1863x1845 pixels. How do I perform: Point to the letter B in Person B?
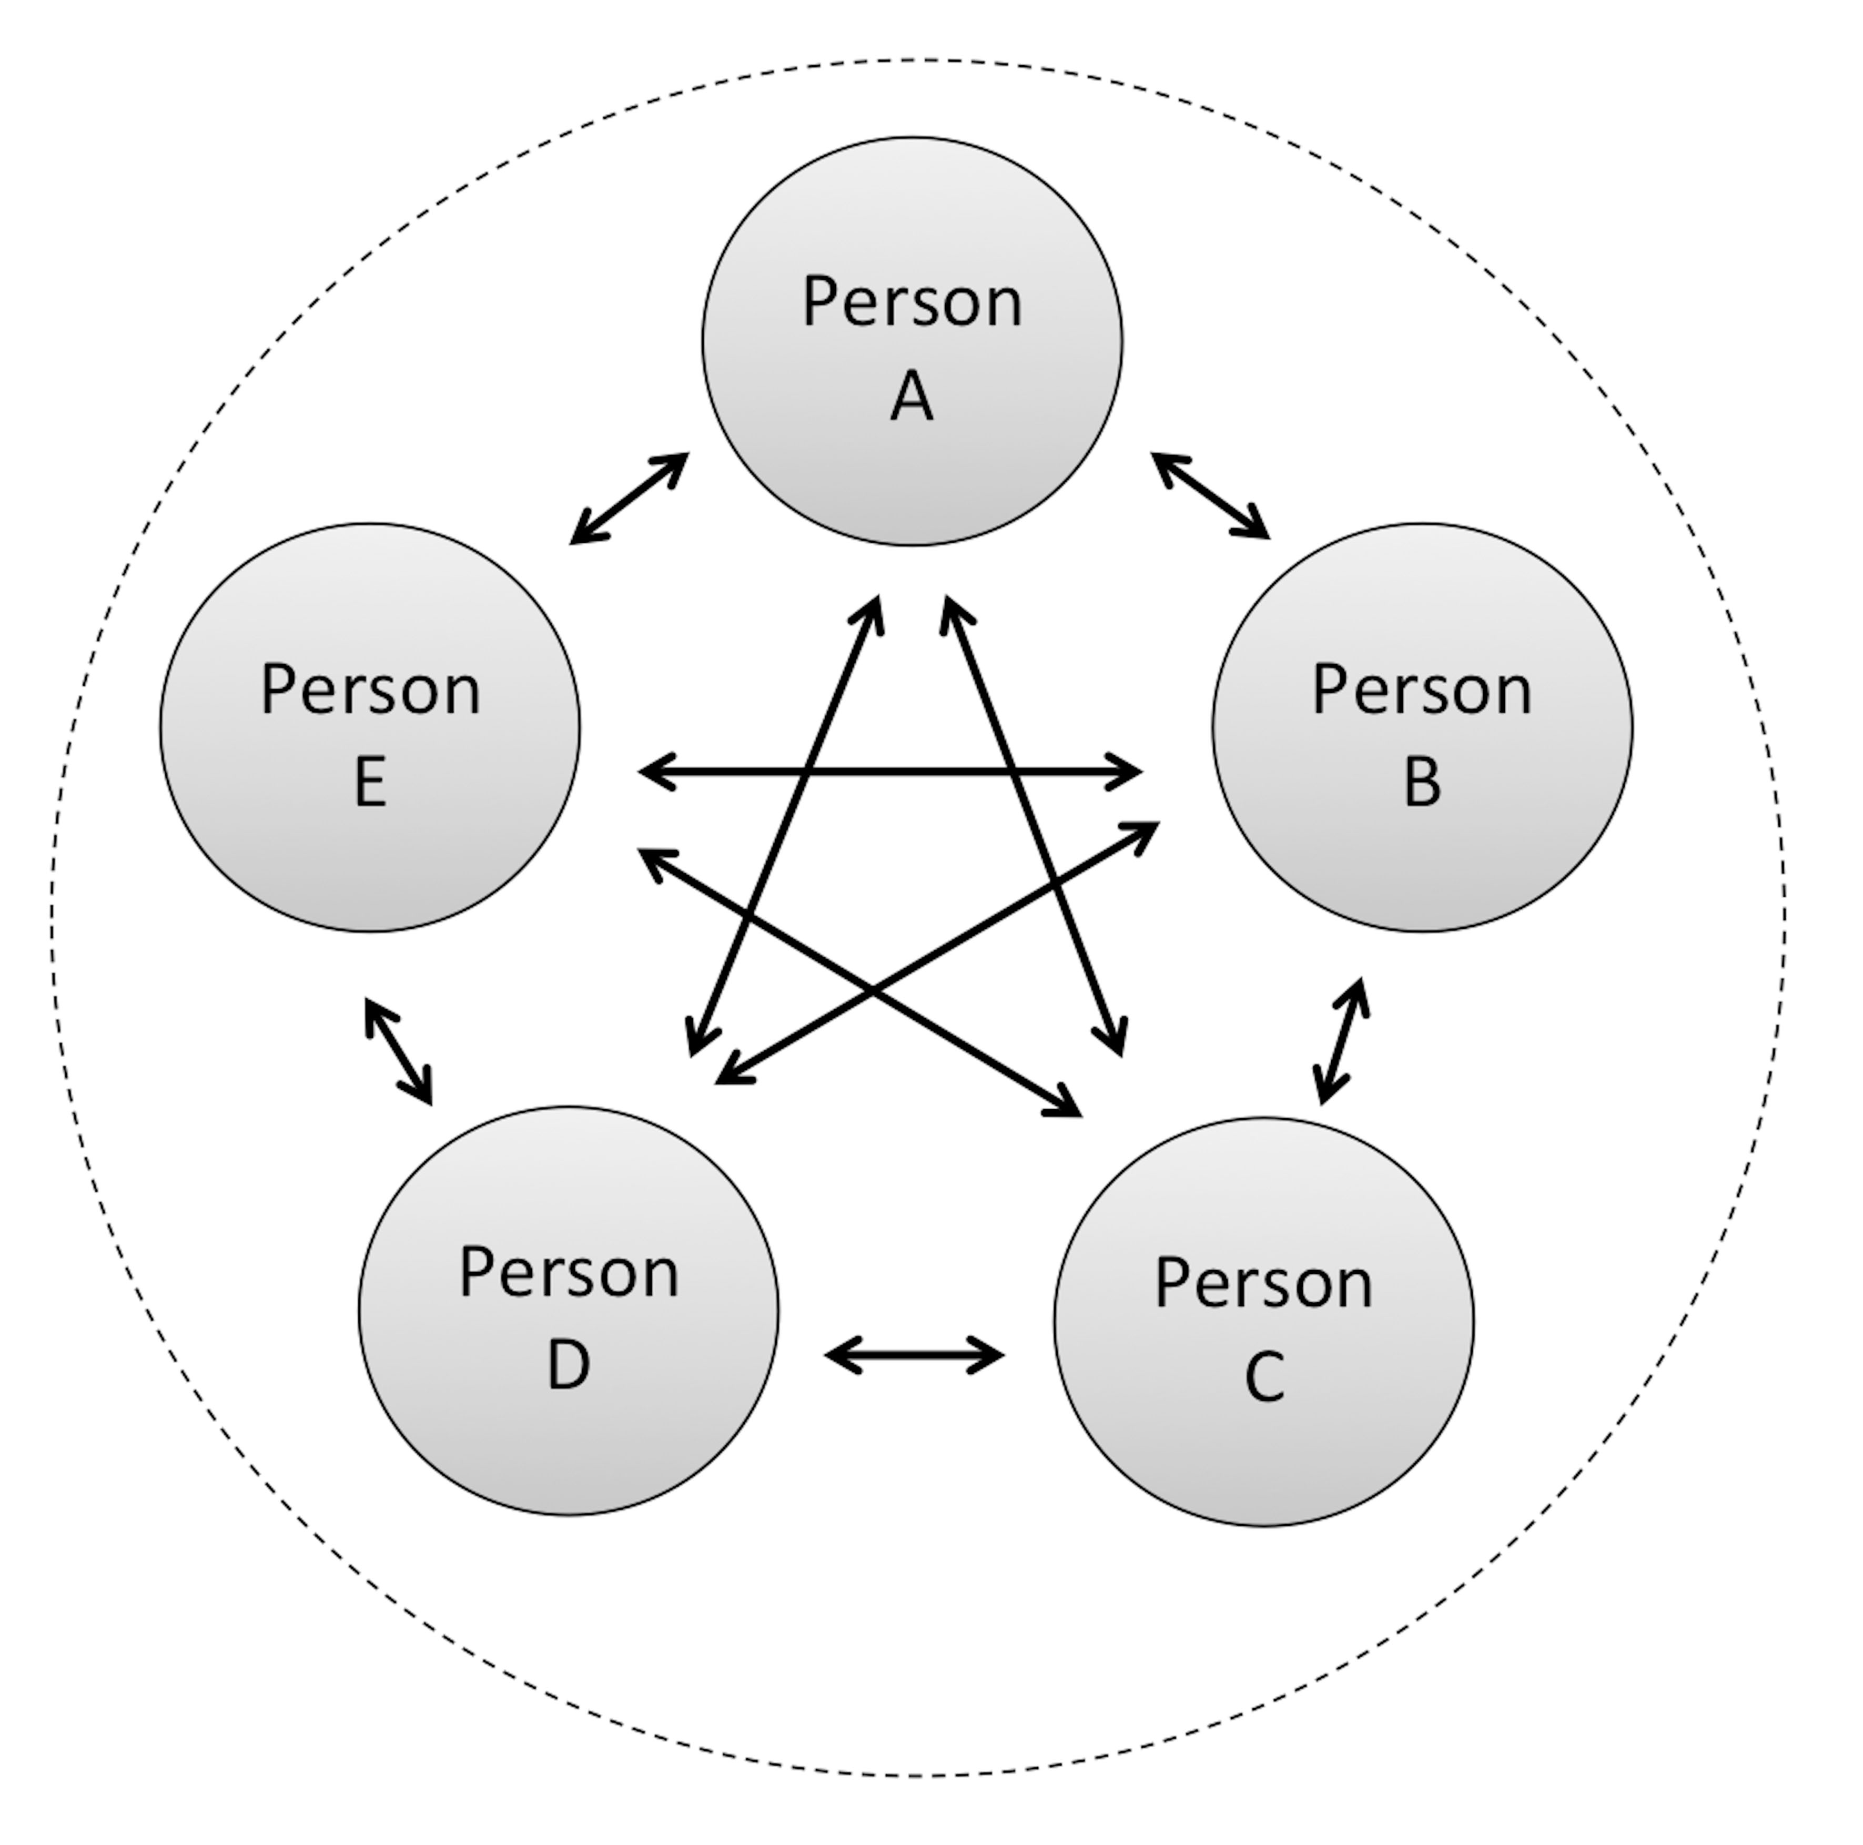click(1422, 781)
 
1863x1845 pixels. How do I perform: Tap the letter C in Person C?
click(1264, 1375)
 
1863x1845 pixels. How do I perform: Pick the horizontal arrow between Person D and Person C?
click(914, 1355)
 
